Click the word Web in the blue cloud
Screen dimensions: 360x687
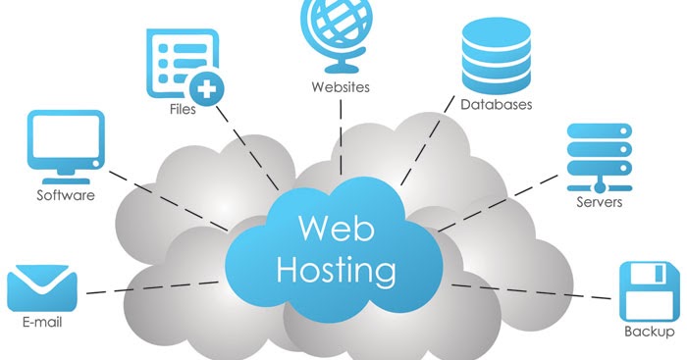(324, 228)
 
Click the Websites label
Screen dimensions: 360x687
(340, 87)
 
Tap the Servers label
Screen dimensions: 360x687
(599, 203)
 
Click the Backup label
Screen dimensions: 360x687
(649, 332)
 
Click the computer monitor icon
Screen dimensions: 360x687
(66, 145)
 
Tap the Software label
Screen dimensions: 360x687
(66, 195)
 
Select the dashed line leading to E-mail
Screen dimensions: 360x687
(147, 287)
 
